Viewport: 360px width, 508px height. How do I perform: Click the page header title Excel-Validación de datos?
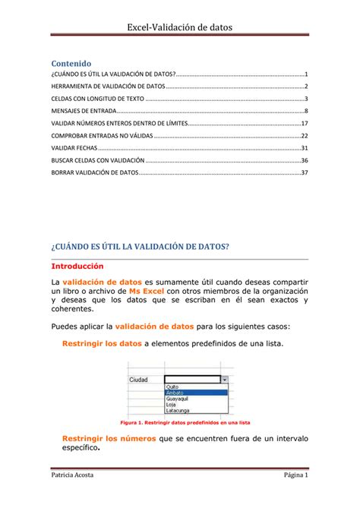click(x=179, y=27)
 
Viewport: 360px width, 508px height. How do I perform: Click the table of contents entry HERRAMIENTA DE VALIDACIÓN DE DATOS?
click(x=107, y=87)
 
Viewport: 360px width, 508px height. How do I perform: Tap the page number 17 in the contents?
click(x=304, y=123)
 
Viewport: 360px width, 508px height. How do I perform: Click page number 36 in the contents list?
click(x=304, y=160)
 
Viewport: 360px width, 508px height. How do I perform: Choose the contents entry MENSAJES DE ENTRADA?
click(x=84, y=111)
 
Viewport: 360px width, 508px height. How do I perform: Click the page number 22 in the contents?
click(x=304, y=135)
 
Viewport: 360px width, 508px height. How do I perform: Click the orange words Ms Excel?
click(x=146, y=291)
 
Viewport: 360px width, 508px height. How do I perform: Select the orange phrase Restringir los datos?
click(x=100, y=344)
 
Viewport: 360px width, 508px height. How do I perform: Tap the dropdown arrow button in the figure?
click(x=223, y=378)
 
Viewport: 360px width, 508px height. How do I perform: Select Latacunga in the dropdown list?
click(x=178, y=410)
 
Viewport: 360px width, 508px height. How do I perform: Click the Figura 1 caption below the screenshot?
click(x=180, y=422)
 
